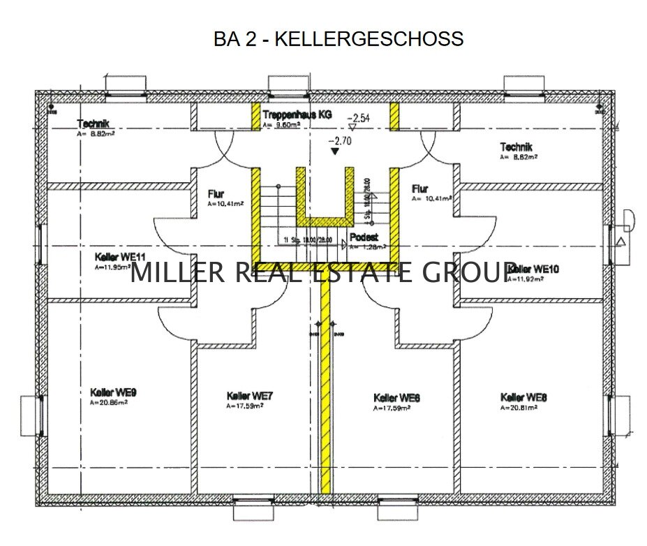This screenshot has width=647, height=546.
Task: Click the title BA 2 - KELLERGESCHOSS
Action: click(339, 38)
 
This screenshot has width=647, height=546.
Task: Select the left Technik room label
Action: click(94, 124)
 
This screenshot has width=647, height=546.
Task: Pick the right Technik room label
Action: click(516, 147)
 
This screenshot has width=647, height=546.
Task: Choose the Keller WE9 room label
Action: click(113, 392)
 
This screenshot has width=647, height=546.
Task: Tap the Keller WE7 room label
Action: click(250, 396)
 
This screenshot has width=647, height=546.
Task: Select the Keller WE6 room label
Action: click(396, 397)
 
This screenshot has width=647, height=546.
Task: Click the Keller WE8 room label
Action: click(523, 397)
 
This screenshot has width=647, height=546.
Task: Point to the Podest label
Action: click(364, 237)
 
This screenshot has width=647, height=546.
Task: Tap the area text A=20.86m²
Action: click(109, 403)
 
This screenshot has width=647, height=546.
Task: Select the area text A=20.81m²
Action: click(519, 407)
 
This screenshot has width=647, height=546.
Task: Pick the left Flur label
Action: click(216, 193)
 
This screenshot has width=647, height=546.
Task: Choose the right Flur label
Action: click(419, 189)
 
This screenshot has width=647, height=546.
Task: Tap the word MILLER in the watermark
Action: click(177, 272)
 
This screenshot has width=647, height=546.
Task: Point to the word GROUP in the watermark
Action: click(470, 272)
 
